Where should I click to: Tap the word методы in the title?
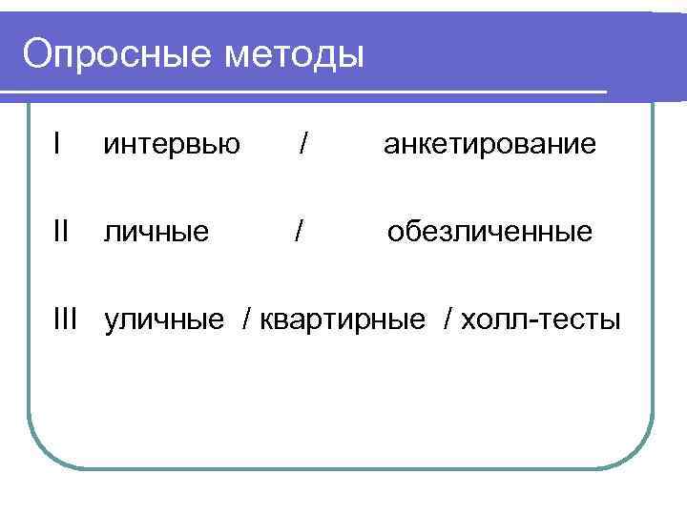pos(295,54)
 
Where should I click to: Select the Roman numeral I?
pos(59,144)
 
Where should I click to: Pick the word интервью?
pos(172,145)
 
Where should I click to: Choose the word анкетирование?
pos(489,145)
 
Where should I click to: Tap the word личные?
pos(156,232)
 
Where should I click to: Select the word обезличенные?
pos(489,232)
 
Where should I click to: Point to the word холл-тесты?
pos(540,319)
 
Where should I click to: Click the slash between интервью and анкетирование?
pos(302,144)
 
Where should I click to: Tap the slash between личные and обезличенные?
pos(300,231)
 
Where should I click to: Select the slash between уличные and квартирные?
pos(249,319)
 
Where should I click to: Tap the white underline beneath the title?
pos(305,93)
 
